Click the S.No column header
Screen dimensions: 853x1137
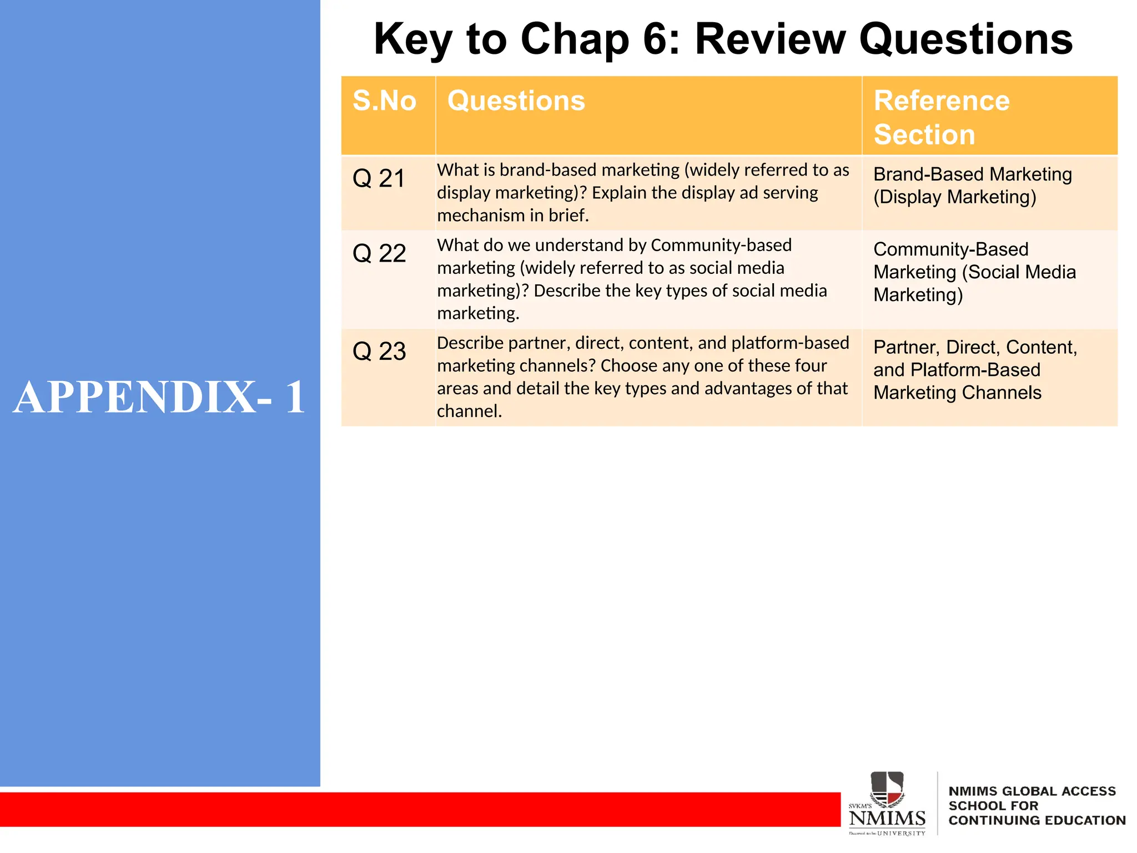pyautogui.click(x=384, y=101)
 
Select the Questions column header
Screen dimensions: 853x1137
pyautogui.click(x=516, y=101)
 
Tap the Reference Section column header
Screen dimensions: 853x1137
pyautogui.click(x=942, y=117)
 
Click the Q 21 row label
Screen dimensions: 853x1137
pyautogui.click(x=379, y=179)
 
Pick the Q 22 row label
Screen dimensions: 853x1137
pyautogui.click(x=379, y=254)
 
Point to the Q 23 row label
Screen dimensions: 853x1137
pyautogui.click(x=379, y=352)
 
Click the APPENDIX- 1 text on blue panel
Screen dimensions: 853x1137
pyautogui.click(x=159, y=398)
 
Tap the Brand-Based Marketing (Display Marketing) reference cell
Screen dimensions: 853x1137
pyautogui.click(x=972, y=185)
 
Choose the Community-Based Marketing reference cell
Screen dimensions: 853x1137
pyautogui.click(x=974, y=272)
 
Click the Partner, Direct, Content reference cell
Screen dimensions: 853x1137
pyautogui.click(x=974, y=370)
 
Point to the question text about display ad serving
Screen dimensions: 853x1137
pyautogui.click(x=642, y=193)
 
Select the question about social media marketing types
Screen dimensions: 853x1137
pyautogui.click(x=631, y=279)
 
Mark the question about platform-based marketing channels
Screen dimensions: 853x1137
pyautogui.click(x=642, y=377)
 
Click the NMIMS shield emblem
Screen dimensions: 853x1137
pyautogui.click(x=887, y=789)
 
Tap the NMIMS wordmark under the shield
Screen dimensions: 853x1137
pyautogui.click(x=887, y=819)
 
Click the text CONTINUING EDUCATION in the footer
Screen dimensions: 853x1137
pyautogui.click(x=1037, y=821)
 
